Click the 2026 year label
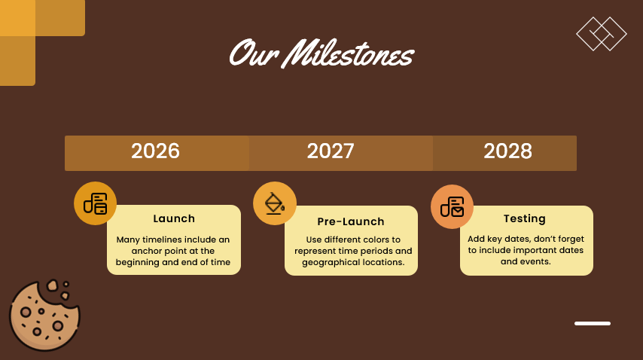[x=156, y=151]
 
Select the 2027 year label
[x=331, y=151]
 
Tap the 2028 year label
[x=507, y=151]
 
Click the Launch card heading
[x=174, y=219]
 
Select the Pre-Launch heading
[x=351, y=222]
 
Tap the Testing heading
[x=525, y=219]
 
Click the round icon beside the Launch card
[x=96, y=203]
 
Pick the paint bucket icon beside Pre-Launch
[x=274, y=203]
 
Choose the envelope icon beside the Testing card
[x=452, y=206]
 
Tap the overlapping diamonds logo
[x=602, y=34]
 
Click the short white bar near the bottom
[x=593, y=323]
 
